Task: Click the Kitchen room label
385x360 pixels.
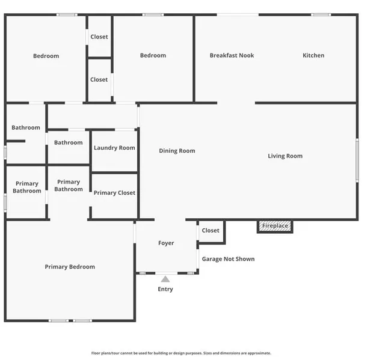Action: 313,55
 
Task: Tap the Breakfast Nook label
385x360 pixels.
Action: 232,55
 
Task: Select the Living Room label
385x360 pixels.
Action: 285,156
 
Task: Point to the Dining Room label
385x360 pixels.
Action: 177,151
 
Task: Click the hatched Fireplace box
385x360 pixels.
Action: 275,226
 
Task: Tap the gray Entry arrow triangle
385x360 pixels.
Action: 165,279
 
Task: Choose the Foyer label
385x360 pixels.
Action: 166,243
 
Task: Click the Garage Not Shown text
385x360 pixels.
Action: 228,259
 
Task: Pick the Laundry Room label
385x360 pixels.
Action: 114,148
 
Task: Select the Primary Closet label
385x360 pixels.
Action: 114,193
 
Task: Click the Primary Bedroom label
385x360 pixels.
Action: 70,267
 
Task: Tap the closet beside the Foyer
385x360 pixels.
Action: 211,231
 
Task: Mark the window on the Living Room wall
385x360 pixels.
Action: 357,160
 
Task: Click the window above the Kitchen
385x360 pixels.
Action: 321,14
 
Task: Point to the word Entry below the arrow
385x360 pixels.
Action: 165,289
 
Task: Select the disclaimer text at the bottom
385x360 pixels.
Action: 181,353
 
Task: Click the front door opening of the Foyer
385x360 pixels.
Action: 167,273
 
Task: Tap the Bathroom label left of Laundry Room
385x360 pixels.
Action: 68,142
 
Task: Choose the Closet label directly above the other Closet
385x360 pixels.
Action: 99,37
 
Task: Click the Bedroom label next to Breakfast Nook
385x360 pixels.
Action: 153,55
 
